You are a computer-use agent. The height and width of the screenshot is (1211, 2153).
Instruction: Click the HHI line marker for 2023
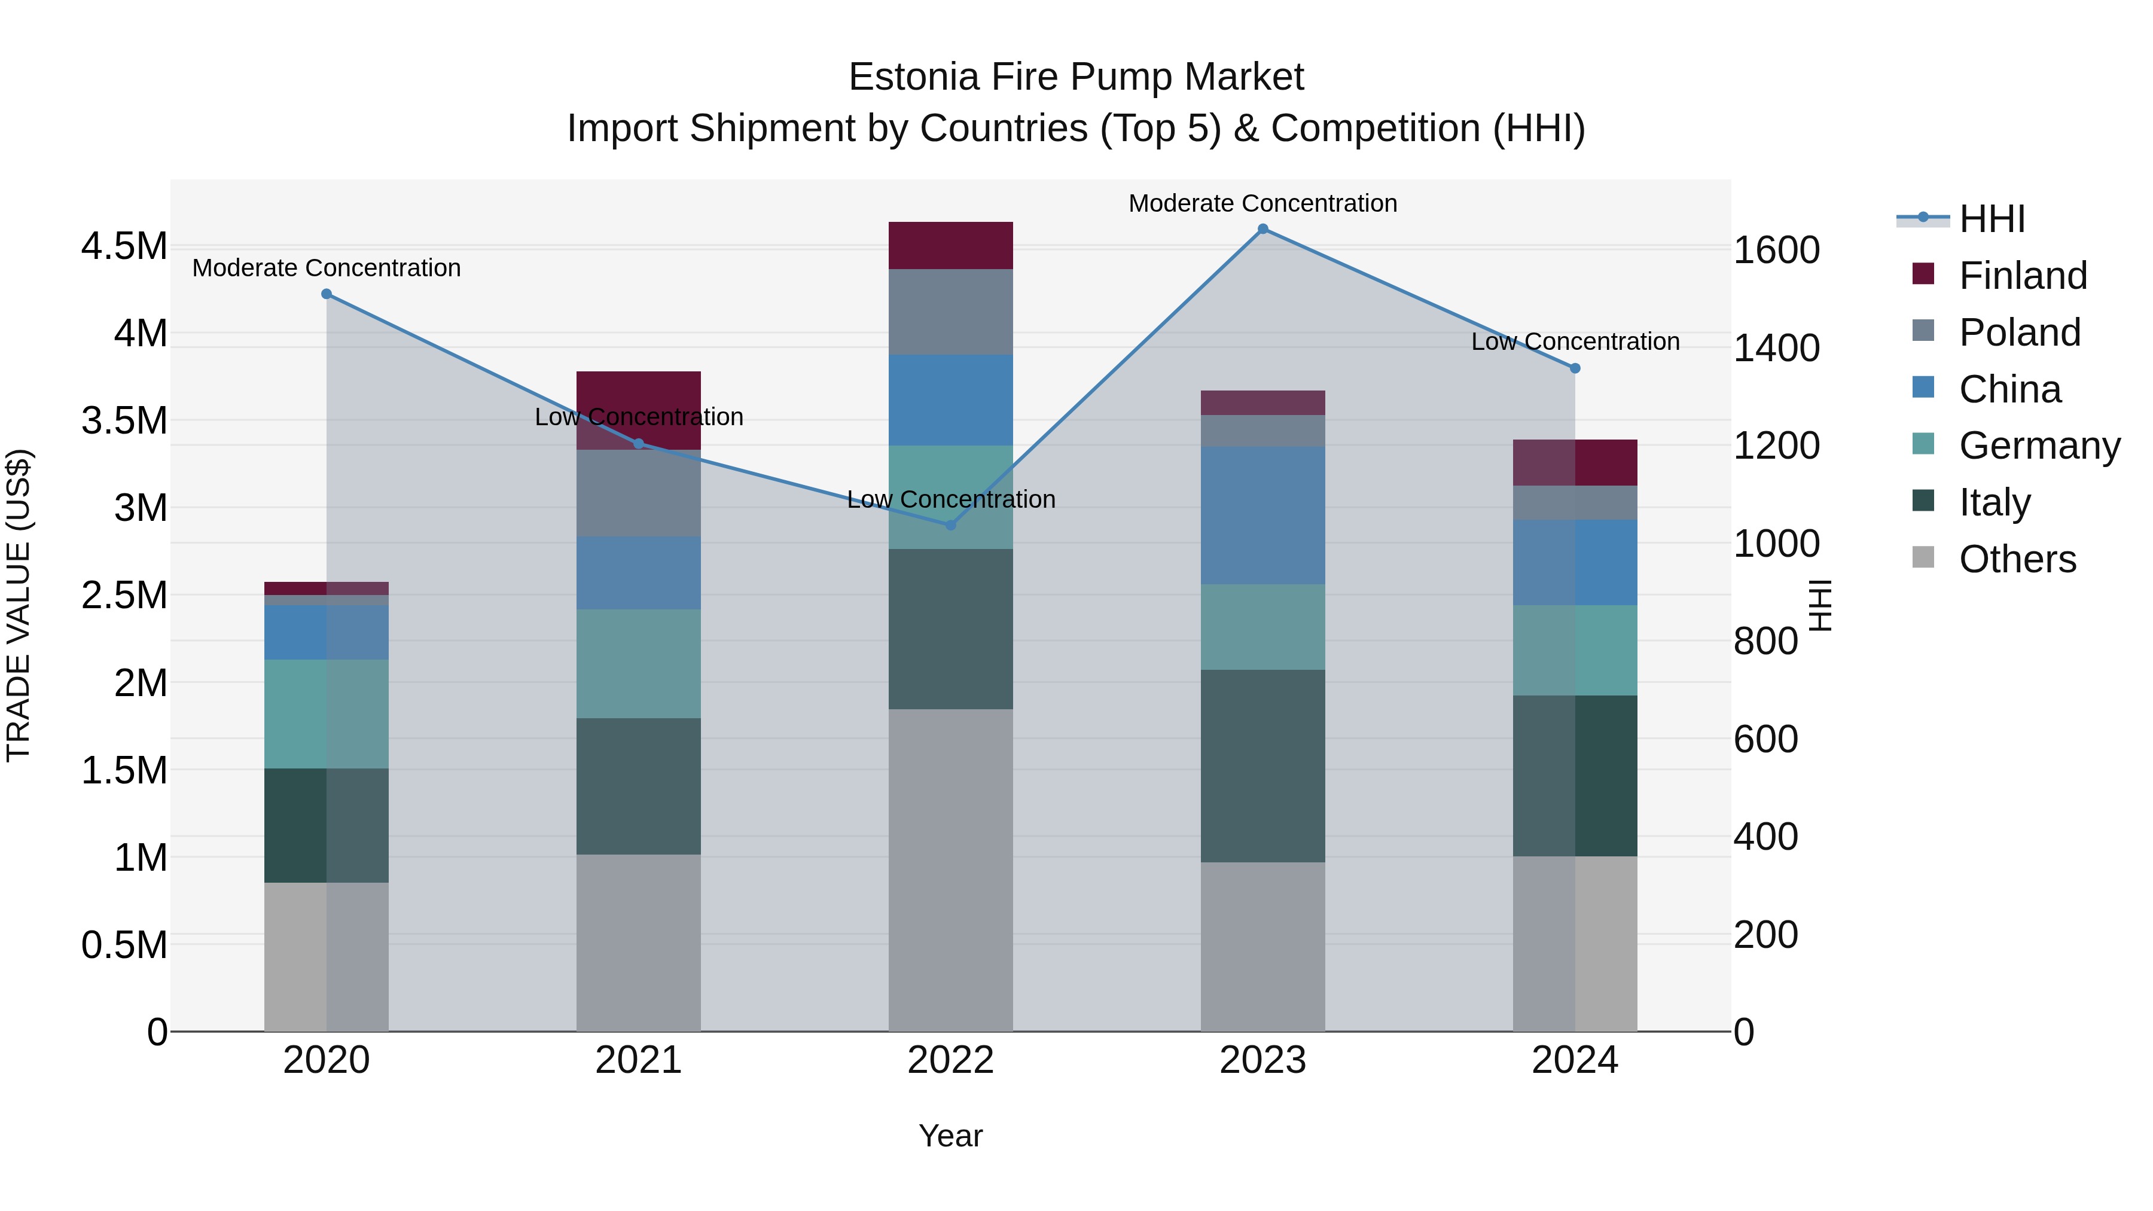(x=1263, y=229)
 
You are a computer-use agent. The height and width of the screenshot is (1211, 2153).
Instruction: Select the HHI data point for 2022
(x=950, y=525)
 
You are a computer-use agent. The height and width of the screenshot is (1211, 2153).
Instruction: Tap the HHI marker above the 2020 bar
(x=327, y=294)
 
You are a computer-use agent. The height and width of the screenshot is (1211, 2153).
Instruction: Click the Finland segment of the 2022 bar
(x=950, y=246)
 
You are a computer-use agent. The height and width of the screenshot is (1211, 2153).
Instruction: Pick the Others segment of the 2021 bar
(x=639, y=942)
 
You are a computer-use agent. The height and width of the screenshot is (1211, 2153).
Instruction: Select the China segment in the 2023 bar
(x=1263, y=515)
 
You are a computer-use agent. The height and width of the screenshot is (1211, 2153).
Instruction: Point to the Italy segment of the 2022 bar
(x=950, y=629)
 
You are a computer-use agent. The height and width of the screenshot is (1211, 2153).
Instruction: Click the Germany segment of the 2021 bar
(x=639, y=664)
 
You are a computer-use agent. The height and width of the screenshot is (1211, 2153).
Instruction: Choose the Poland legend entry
(x=2019, y=332)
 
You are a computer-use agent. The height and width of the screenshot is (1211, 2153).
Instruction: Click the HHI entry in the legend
(x=1992, y=219)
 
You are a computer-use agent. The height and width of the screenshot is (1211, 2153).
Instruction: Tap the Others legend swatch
(x=1923, y=557)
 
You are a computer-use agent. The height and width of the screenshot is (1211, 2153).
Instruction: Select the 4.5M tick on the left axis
(x=124, y=246)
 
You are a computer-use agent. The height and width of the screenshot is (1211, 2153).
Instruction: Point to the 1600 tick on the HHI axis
(x=1776, y=250)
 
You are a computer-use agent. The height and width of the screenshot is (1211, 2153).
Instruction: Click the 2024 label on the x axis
(x=1575, y=1060)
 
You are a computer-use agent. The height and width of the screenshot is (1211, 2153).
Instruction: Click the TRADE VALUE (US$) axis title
(x=19, y=605)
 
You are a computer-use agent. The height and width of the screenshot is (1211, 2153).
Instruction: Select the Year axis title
(x=950, y=1136)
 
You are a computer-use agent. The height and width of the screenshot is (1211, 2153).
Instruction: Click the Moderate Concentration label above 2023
(x=1263, y=203)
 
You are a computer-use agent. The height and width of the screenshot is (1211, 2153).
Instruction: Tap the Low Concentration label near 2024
(x=1575, y=342)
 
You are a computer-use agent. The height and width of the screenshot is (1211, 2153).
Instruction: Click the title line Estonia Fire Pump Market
(x=1076, y=77)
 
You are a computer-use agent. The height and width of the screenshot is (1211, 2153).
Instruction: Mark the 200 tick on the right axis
(x=1765, y=934)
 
